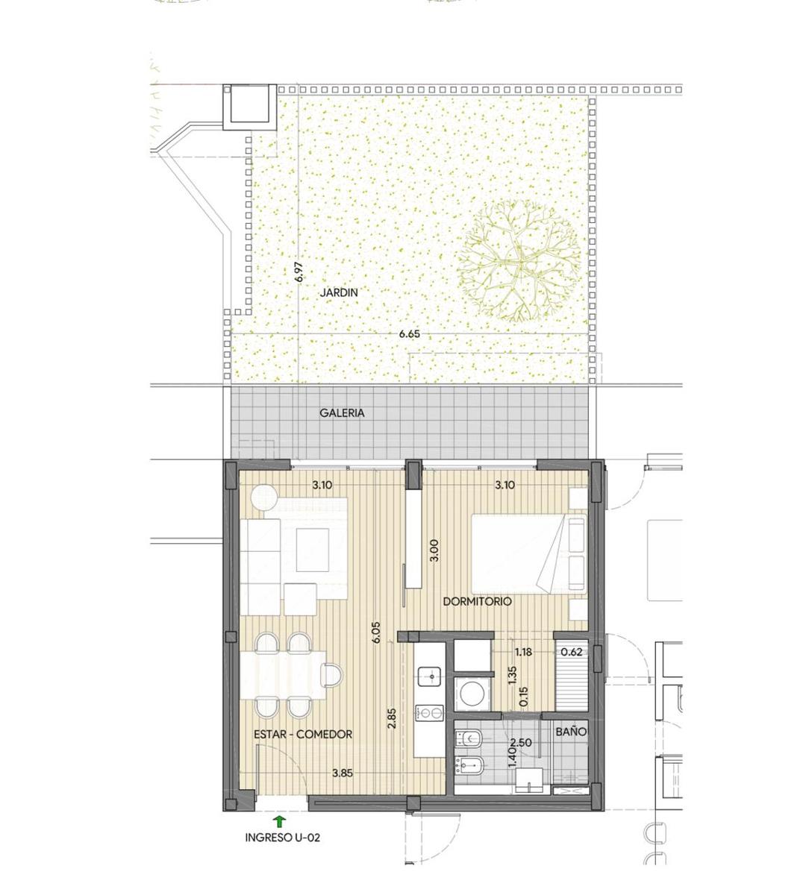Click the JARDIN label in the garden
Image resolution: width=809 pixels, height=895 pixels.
click(339, 292)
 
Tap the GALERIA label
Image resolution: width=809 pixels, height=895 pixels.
click(342, 413)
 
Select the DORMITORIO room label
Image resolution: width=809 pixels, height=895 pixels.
click(478, 601)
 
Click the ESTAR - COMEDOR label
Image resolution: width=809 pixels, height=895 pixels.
click(303, 735)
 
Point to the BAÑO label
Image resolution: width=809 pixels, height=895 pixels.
click(571, 732)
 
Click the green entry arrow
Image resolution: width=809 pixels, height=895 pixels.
click(279, 820)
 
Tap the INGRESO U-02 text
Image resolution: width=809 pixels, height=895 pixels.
click(283, 838)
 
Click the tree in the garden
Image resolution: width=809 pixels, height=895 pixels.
click(519, 261)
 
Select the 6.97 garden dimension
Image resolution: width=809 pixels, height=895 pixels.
click(299, 271)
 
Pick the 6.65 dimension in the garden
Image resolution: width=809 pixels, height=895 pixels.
click(410, 333)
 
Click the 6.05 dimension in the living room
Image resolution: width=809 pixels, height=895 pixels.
click(376, 632)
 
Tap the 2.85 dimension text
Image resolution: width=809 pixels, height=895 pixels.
click(392, 718)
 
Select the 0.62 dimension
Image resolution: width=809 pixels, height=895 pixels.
click(572, 653)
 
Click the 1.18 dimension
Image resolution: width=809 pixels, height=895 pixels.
click(523, 653)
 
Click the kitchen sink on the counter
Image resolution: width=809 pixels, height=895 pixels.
click(429, 676)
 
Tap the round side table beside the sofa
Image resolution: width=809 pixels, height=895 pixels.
click(264, 497)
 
